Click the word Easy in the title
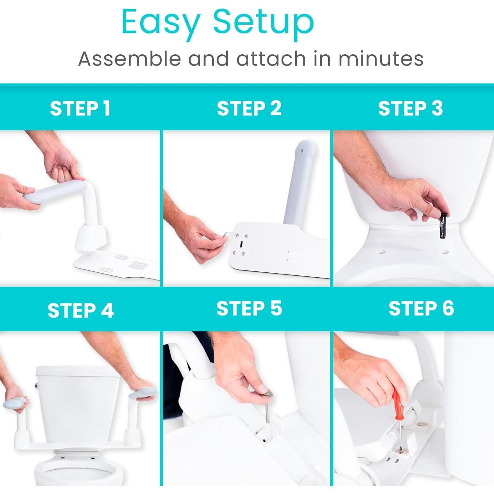[x=160, y=22]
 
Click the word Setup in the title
[x=263, y=22]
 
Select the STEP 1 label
[x=80, y=108]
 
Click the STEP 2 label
[x=249, y=108]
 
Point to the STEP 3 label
[x=410, y=108]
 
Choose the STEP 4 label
[x=80, y=311]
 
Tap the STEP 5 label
[x=249, y=309]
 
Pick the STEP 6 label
[x=421, y=309]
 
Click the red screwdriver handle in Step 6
[x=397, y=402]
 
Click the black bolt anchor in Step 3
[x=442, y=227]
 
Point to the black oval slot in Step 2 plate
[x=241, y=244]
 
